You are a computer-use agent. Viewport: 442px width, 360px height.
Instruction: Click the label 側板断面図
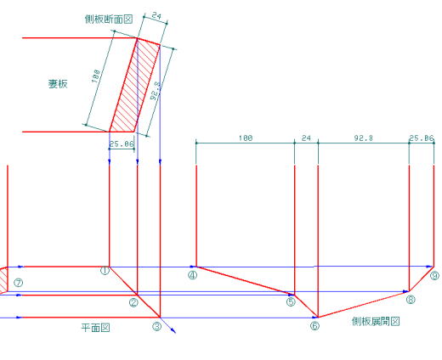[109, 19]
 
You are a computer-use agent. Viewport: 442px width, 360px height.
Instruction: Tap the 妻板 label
[58, 84]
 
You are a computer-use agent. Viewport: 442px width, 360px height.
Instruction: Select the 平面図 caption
[95, 328]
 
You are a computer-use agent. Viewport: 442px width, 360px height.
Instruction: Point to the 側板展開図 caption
[376, 321]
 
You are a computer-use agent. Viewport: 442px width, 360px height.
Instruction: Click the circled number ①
[105, 271]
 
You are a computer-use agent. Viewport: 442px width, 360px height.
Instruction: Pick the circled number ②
[133, 303]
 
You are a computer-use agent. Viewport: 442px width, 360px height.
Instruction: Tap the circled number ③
[156, 327]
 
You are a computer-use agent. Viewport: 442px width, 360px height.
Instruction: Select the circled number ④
[193, 275]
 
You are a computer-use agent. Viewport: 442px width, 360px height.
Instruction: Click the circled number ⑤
[291, 302]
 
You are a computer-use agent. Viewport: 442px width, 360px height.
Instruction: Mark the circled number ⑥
[314, 326]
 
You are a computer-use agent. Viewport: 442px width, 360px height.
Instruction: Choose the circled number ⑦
[19, 283]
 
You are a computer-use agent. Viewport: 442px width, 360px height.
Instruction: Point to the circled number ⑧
[411, 300]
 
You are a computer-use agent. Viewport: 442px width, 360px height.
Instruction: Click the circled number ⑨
[435, 275]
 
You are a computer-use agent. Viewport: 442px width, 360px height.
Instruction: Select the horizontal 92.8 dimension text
[364, 138]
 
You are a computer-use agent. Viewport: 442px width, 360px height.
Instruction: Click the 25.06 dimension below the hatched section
[122, 144]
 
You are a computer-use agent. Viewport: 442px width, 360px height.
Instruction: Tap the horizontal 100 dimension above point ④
[246, 138]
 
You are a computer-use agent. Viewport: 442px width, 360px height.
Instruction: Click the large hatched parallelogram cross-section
[135, 85]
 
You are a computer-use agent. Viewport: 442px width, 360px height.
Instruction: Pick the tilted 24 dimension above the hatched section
[156, 15]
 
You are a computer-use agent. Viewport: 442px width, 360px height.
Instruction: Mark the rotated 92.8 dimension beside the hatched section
[156, 91]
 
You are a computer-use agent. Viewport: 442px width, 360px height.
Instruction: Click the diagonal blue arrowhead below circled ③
[173, 330]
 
